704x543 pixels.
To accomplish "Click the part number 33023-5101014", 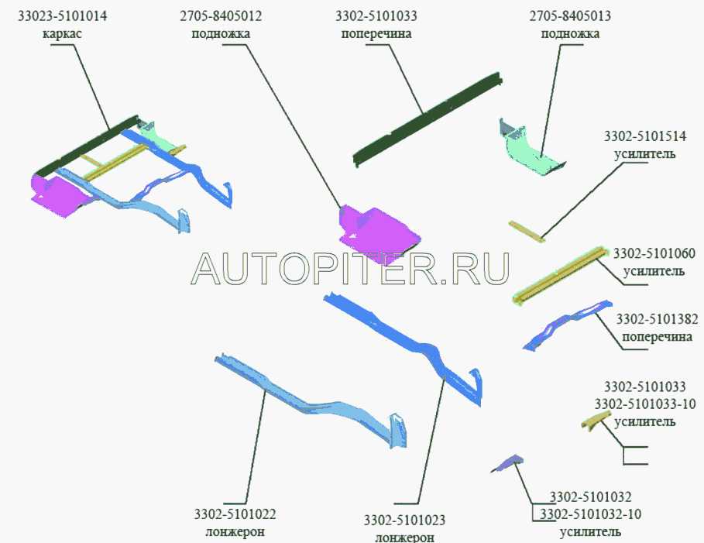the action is pos(63,16).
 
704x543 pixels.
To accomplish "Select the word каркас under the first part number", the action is pos(63,33).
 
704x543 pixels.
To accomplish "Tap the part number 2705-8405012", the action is pos(221,16).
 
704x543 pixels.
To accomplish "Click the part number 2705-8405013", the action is pos(570,16).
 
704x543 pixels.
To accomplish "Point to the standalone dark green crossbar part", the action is pos(427,119).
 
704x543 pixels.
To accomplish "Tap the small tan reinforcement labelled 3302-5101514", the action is pos(527,231).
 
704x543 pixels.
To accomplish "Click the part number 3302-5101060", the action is pos(654,253).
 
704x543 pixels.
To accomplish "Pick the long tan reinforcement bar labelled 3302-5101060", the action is pos(560,275).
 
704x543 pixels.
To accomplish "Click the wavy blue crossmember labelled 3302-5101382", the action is pos(568,325).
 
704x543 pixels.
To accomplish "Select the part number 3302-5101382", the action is pos(657,319).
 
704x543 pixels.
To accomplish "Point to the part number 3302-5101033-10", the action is pos(645,404).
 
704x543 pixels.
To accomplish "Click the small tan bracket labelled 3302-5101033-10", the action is pos(596,420).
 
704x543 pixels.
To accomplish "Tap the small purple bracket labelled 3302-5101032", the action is pos(508,463).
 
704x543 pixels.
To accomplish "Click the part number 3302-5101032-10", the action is pos(590,514).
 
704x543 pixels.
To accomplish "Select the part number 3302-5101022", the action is pos(235,514).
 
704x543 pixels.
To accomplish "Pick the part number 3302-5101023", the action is pos(404,520).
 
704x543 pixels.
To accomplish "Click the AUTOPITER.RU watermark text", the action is pos(350,268).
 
